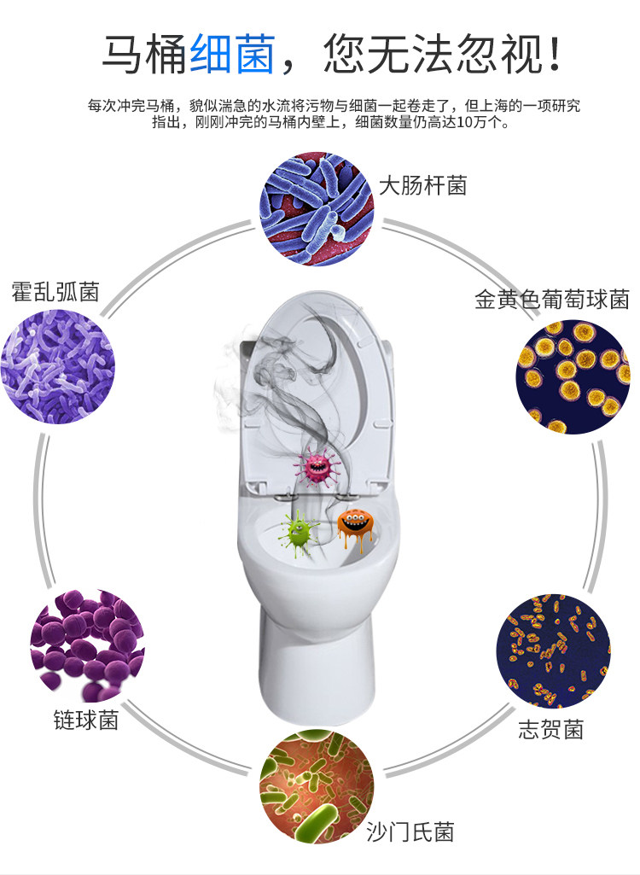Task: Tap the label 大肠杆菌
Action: [x=422, y=185]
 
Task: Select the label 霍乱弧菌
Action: [x=55, y=292]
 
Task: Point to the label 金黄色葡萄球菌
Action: [x=552, y=300]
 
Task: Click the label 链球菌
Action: [x=85, y=720]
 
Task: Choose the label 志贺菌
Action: [x=551, y=730]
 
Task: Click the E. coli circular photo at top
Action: [x=317, y=209]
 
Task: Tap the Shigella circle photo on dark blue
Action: [x=554, y=650]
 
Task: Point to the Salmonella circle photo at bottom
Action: [x=317, y=789]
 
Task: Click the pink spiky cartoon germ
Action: [x=317, y=466]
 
